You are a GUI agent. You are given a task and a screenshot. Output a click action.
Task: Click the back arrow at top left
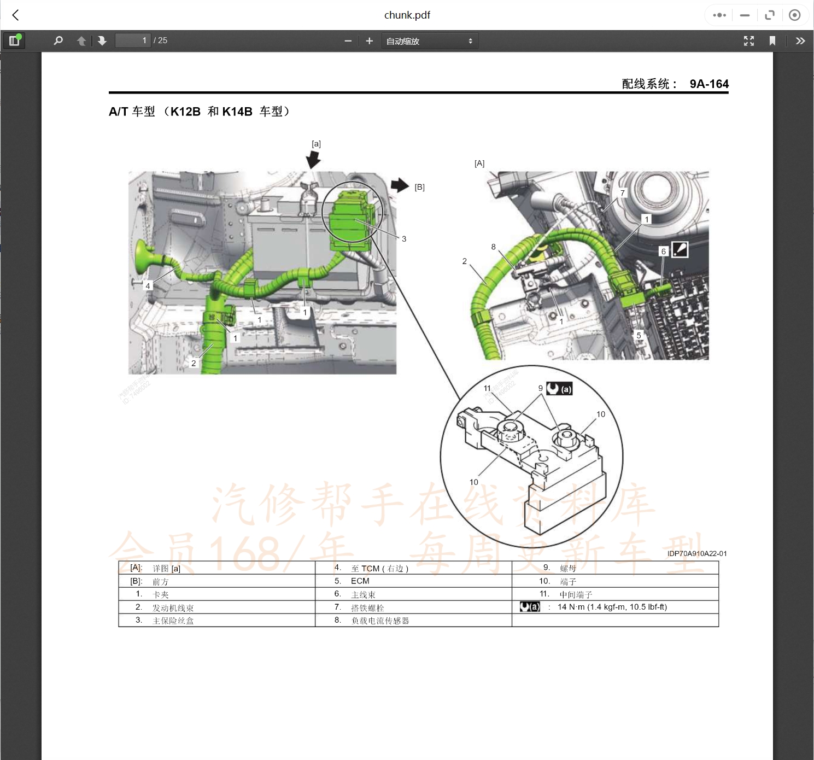(x=16, y=15)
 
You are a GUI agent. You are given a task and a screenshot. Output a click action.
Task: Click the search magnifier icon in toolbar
(x=58, y=41)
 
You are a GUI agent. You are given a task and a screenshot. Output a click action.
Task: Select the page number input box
(x=132, y=41)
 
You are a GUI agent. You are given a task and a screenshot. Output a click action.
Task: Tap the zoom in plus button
(x=370, y=41)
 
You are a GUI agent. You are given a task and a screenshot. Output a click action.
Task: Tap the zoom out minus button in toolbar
(x=348, y=41)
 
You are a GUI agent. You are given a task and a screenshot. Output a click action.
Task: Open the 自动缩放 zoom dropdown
(x=429, y=41)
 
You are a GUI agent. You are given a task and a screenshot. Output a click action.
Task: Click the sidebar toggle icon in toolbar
(x=14, y=41)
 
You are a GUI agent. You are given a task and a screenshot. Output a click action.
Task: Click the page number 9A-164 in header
(x=708, y=84)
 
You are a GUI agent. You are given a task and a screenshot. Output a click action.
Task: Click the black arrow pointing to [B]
(x=400, y=185)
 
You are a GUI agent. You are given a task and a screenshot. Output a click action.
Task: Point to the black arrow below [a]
(x=313, y=160)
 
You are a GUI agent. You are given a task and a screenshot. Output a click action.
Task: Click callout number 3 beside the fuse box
(x=404, y=239)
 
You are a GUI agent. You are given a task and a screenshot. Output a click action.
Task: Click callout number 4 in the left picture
(x=148, y=286)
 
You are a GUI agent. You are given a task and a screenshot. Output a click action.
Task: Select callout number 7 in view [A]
(x=622, y=193)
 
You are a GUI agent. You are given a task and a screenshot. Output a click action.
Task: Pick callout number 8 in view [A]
(x=493, y=247)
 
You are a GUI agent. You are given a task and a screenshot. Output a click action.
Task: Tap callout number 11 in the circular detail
(x=487, y=388)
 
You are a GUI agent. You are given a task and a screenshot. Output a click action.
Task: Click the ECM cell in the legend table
(x=360, y=581)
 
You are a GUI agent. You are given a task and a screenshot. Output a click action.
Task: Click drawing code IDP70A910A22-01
(x=696, y=554)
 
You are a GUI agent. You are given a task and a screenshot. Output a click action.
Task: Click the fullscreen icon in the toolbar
(x=748, y=41)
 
